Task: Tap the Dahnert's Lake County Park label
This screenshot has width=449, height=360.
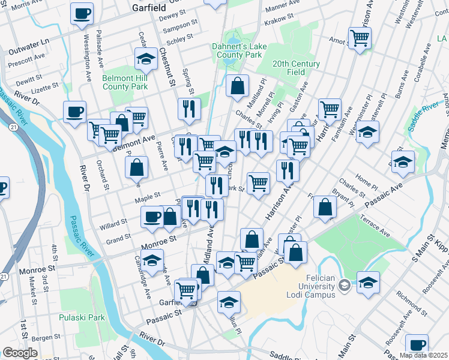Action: click(237, 50)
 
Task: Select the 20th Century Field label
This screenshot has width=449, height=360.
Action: click(297, 67)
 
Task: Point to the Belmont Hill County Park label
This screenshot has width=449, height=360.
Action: click(125, 82)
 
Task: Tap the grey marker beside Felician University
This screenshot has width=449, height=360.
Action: click(343, 283)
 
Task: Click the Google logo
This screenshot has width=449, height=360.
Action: click(19, 353)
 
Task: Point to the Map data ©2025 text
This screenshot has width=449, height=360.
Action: click(424, 355)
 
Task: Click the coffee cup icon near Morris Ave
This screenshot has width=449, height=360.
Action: click(82, 13)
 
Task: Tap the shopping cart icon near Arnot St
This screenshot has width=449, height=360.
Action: click(360, 38)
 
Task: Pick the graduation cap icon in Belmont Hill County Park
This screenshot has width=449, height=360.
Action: click(146, 59)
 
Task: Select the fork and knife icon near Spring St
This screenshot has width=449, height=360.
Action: click(189, 108)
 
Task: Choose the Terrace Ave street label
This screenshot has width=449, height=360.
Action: click(376, 229)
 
